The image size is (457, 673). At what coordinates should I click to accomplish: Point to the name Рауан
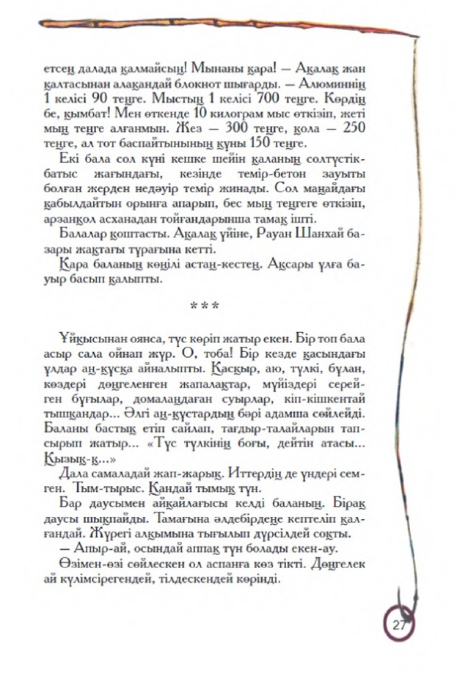coord(279,234)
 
